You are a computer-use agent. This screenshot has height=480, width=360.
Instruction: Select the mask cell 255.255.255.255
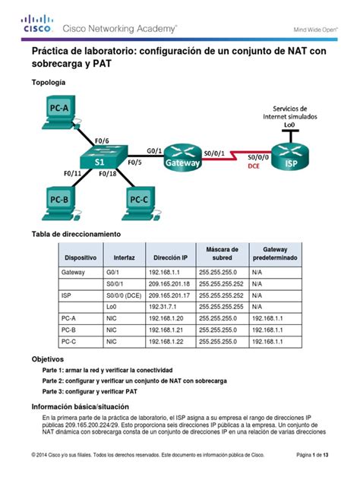click(x=221, y=308)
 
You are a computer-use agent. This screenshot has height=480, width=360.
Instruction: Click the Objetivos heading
click(x=47, y=358)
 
